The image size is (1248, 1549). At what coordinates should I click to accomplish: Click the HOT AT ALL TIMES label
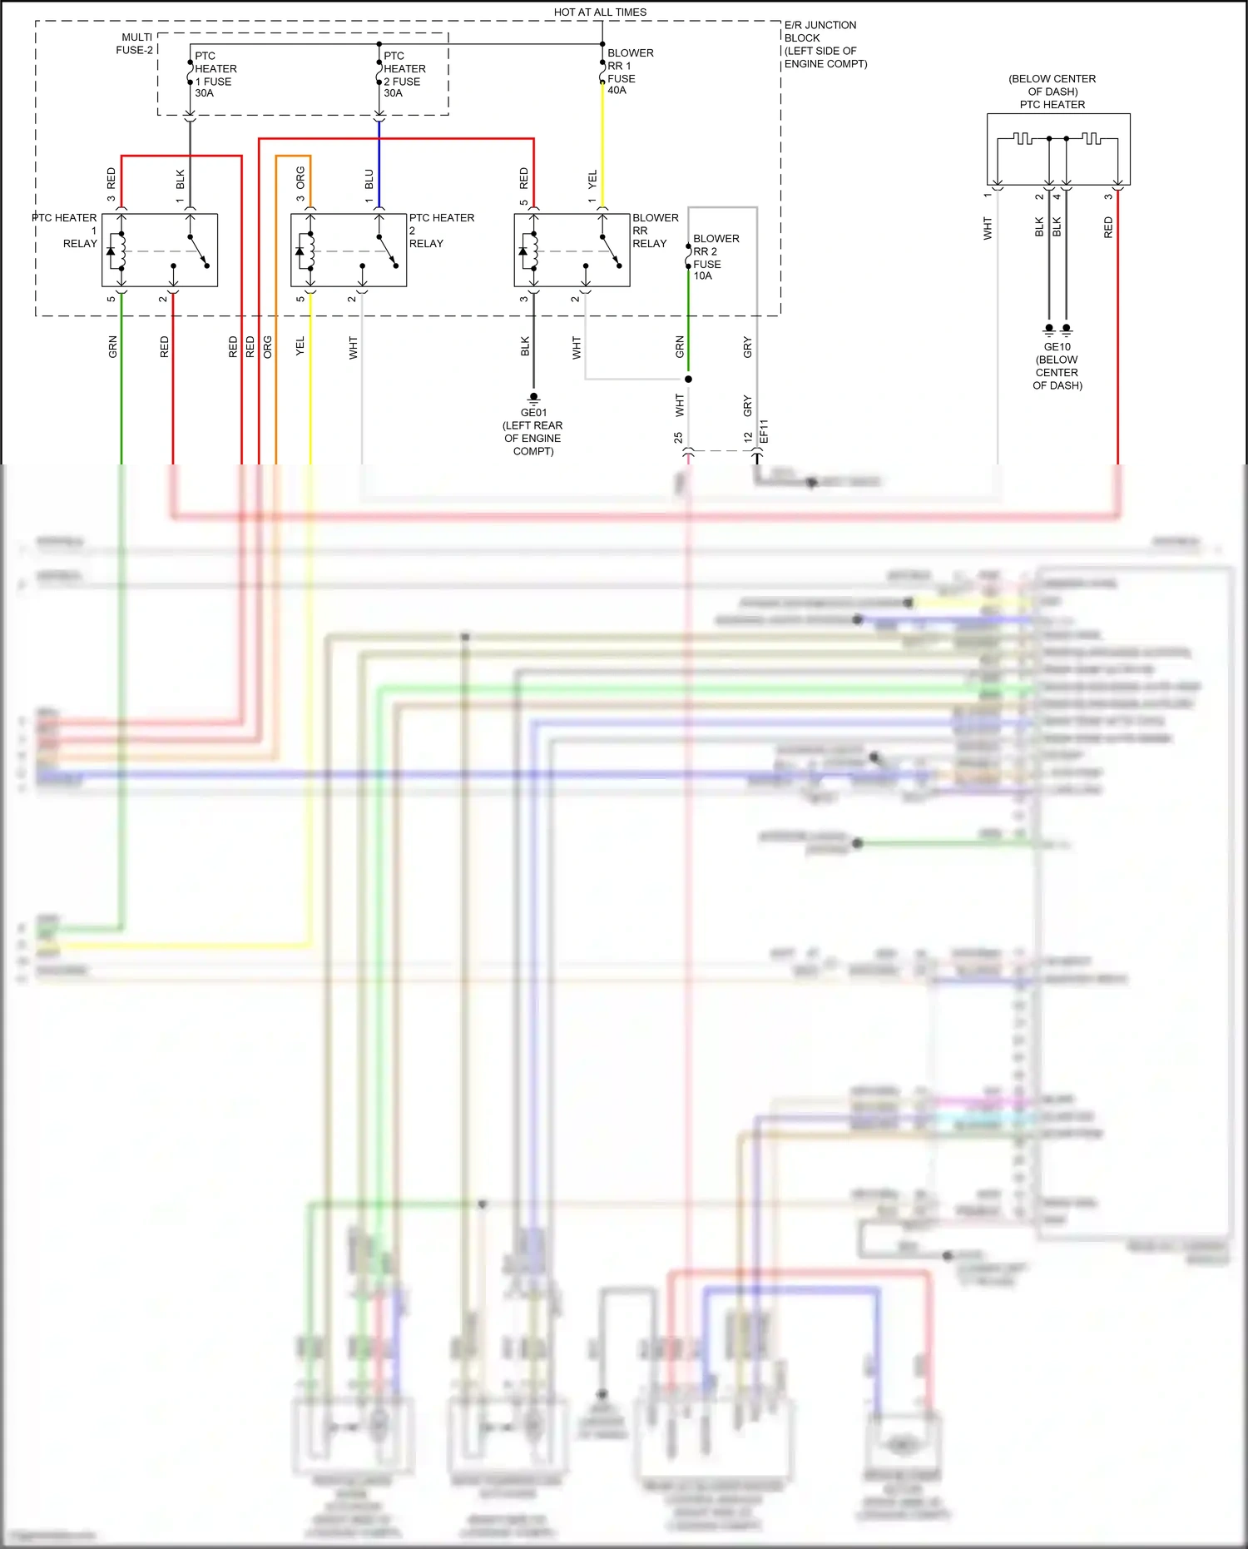coord(600,12)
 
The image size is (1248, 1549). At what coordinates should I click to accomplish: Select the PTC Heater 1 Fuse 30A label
coord(215,75)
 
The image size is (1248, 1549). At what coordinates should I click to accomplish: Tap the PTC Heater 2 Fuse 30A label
coord(404,75)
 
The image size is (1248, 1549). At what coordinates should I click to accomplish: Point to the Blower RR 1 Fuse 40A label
coord(630,72)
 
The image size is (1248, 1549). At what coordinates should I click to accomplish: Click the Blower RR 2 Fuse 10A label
coord(715,257)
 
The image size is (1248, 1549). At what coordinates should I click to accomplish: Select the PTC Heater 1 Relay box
coord(160,250)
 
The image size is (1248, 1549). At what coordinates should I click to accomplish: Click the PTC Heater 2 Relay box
coord(349,250)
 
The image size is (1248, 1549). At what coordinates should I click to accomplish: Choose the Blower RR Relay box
coord(572,250)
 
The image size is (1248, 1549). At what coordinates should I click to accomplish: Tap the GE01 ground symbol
coord(533,398)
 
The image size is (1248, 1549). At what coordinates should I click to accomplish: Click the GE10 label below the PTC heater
coord(1057,347)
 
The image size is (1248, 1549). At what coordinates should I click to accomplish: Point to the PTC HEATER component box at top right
coord(1058,149)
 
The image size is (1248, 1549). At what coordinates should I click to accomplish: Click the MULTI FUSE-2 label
coord(135,44)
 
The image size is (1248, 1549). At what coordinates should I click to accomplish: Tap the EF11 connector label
coord(764,432)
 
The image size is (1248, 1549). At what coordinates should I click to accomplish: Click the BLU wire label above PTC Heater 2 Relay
coord(369,179)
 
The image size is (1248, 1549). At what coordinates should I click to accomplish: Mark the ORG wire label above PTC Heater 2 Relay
coord(300,177)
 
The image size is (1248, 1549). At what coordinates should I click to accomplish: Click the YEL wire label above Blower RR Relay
coord(592,179)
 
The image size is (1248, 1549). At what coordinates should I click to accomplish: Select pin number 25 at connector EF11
coord(678,437)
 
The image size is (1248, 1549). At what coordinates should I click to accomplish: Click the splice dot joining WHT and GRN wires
coord(688,380)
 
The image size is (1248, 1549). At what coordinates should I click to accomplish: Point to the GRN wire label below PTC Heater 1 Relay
coord(113,347)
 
